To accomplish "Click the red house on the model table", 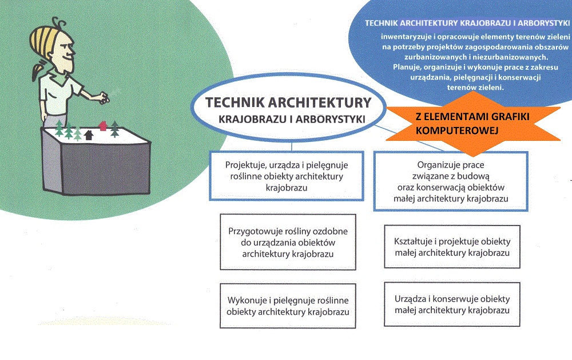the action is click(103, 126).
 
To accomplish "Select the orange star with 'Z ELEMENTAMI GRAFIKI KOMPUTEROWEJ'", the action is click(473, 124).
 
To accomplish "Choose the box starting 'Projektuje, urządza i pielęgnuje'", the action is click(287, 176).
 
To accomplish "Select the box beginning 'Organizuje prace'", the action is click(451, 181).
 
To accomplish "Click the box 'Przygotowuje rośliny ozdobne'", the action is click(288, 242).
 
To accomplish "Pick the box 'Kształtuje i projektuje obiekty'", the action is click(452, 247).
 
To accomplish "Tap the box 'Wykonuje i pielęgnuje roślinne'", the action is click(288, 306).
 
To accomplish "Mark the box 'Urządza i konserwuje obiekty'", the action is click(452, 304).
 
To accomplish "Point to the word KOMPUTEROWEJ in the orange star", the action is click(457, 130).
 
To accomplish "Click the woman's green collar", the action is click(58, 78).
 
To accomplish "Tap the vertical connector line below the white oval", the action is click(292, 147).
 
